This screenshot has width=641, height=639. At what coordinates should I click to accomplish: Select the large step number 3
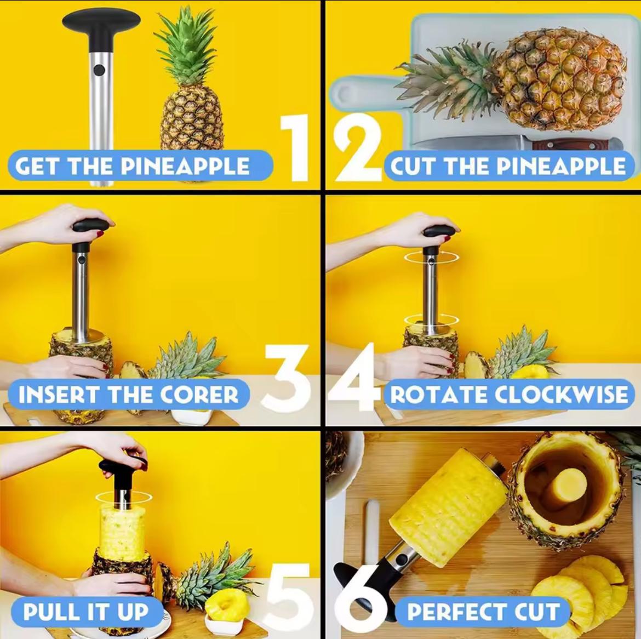coord(285,378)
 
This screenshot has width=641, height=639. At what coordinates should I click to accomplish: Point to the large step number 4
coord(356,378)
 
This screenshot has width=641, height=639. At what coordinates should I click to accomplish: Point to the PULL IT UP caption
coord(86,612)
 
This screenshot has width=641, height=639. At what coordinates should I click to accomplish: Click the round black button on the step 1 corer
coord(99,70)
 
